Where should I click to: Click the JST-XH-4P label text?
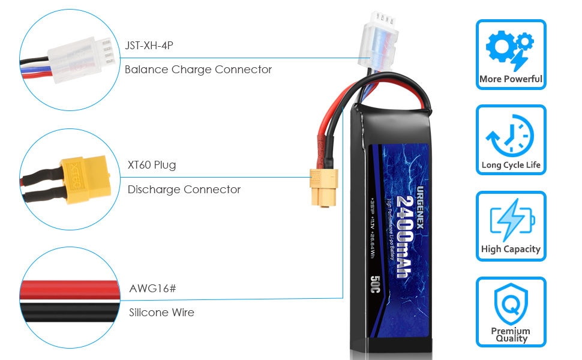(149, 45)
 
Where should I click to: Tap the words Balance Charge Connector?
(198, 70)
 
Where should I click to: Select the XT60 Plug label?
(152, 165)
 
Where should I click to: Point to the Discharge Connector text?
(184, 190)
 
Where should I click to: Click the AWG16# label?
(153, 289)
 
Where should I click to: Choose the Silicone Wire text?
(162, 313)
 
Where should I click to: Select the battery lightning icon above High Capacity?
(511, 220)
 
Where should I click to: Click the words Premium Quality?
(511, 335)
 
